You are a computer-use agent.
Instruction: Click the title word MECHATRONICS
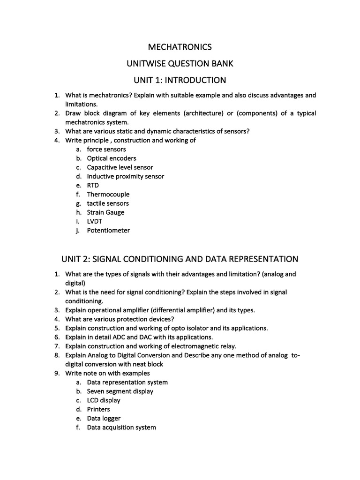point(180,47)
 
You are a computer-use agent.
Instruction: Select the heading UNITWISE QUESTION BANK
point(180,63)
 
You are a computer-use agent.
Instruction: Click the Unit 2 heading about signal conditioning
point(180,259)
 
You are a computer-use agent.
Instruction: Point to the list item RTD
point(93,185)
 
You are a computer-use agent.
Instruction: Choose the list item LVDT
point(95,221)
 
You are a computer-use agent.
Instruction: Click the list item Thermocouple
point(108,194)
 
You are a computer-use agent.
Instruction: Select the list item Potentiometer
point(108,230)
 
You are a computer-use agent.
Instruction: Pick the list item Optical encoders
point(111,158)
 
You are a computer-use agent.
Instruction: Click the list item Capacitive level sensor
point(120,167)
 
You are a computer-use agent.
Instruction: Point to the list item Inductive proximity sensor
point(125,176)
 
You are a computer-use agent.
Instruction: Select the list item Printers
point(98,409)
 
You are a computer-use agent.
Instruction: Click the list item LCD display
point(103,400)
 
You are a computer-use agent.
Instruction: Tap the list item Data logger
point(104,418)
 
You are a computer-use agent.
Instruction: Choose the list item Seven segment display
point(120,391)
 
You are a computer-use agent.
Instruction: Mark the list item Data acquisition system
point(121,427)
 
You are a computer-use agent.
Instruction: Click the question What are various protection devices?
point(120,319)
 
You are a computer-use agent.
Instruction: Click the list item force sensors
point(106,149)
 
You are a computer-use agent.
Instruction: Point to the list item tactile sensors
point(107,203)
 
